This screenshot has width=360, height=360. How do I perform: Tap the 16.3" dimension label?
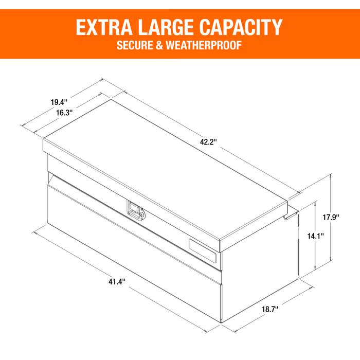pos(64,112)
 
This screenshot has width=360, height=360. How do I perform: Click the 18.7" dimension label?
pos(269,309)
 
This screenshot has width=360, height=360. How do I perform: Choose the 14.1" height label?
pos(314,236)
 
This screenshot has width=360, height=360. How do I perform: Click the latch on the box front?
pos(136,211)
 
